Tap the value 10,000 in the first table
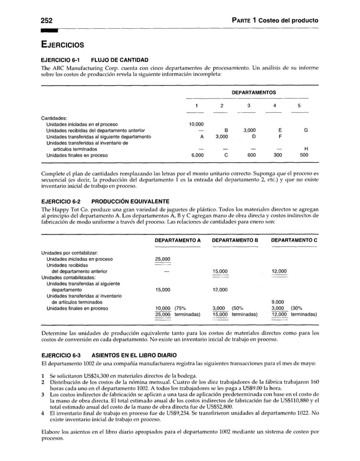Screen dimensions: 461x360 pos(195,124)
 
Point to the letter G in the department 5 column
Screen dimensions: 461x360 pos(305,130)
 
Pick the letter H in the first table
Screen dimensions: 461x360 pos(305,149)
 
